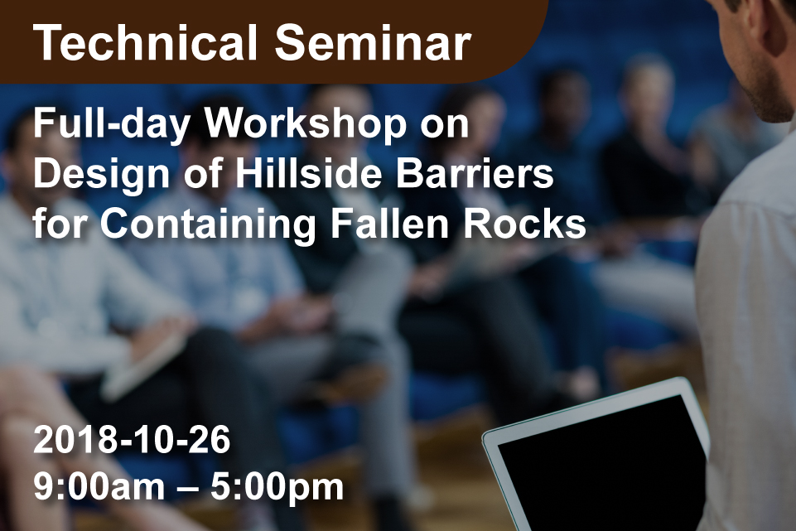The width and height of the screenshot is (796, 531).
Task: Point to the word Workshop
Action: click(x=306, y=125)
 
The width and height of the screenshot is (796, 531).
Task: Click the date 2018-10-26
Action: click(x=132, y=440)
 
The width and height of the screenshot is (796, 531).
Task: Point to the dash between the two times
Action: click(x=188, y=489)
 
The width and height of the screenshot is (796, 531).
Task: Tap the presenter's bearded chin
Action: click(x=772, y=104)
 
